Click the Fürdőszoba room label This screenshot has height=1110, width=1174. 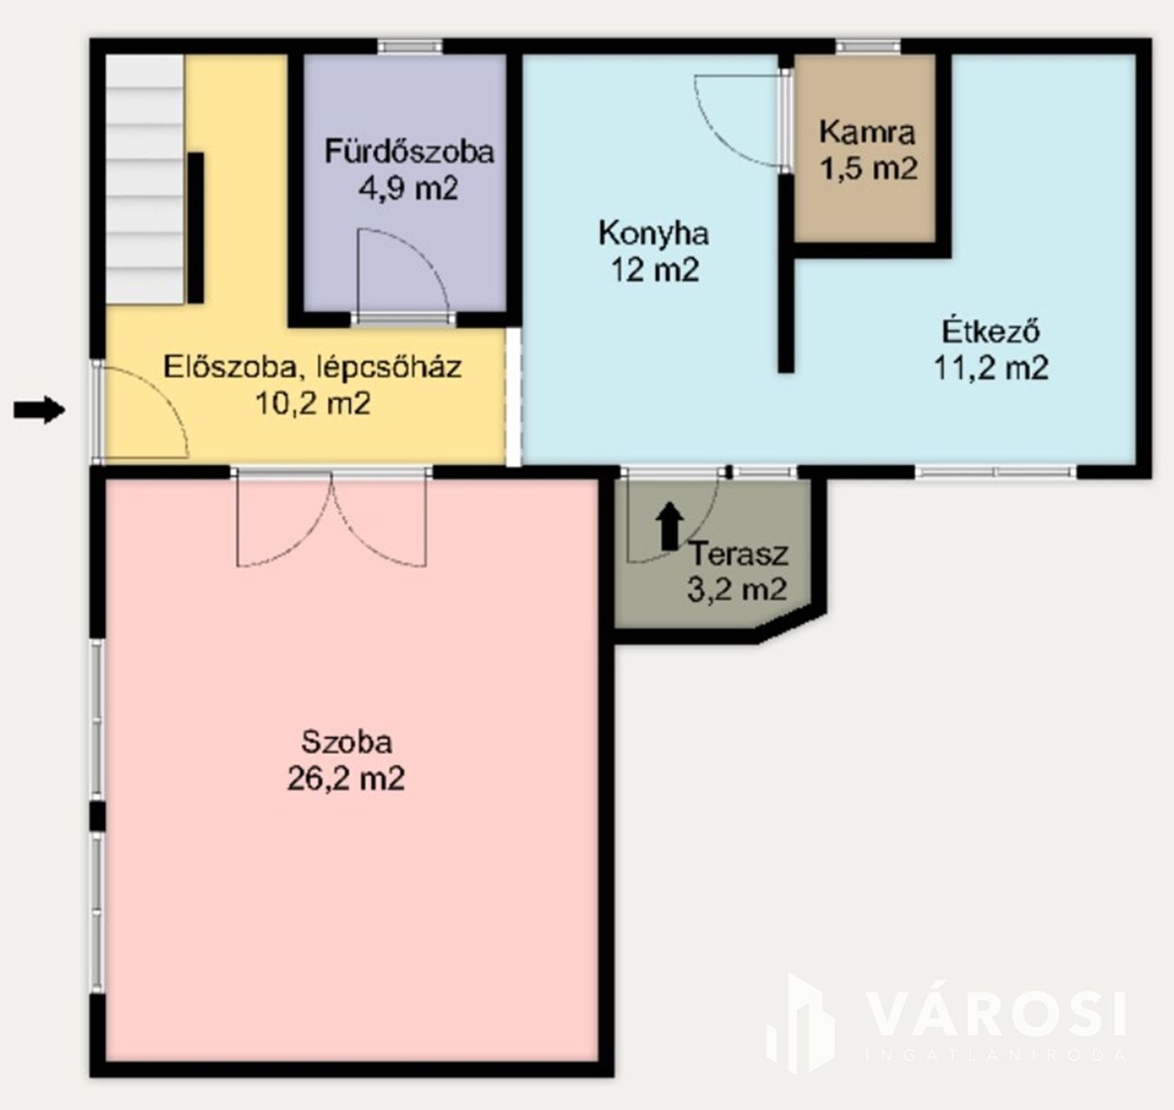(409, 152)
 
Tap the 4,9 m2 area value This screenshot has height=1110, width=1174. (408, 189)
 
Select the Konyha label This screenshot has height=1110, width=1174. (654, 233)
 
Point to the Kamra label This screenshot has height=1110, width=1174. (867, 132)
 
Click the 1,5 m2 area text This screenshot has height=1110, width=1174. (868, 169)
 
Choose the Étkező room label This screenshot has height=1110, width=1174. (991, 331)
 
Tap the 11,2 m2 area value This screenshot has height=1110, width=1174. (991, 368)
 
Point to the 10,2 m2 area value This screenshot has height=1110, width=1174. (313, 404)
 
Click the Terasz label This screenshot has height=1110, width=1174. (740, 554)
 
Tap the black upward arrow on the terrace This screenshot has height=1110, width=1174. (670, 526)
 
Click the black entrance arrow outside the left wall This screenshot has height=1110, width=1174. (39, 409)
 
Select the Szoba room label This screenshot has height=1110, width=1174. (346, 742)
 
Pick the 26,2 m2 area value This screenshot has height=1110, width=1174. (346, 779)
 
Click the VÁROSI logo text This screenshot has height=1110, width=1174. (996, 1014)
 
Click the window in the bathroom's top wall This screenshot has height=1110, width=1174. (409, 47)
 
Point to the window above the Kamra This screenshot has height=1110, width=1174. (868, 47)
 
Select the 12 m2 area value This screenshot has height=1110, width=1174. (655, 270)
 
